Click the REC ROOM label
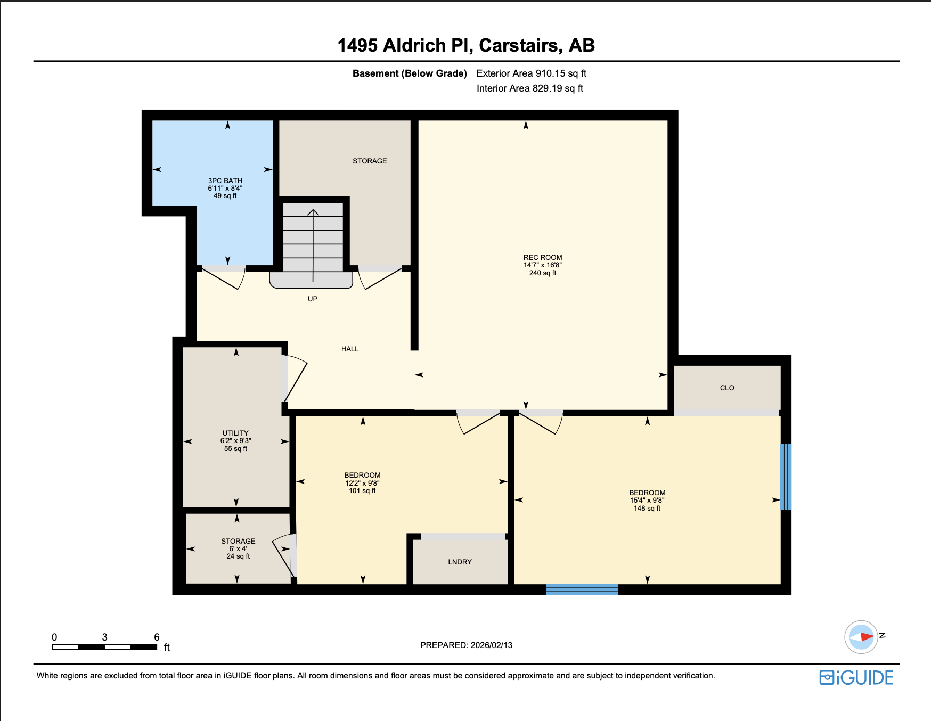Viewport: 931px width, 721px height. (542, 257)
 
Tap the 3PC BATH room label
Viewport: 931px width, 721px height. (225, 181)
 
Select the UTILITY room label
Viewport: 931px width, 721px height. (235, 433)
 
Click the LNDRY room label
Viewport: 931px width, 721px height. (460, 562)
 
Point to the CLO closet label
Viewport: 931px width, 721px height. (726, 388)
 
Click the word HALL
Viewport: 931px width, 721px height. (349, 349)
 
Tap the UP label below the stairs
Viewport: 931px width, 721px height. (313, 299)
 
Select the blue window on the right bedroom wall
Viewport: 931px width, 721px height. (786, 477)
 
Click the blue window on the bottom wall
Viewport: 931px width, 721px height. (582, 589)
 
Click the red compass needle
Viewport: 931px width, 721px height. (867, 636)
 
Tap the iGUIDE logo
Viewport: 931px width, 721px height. (856, 677)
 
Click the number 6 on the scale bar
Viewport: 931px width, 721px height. (157, 637)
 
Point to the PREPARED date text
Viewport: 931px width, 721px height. (466, 645)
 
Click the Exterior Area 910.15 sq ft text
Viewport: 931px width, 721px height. (531, 73)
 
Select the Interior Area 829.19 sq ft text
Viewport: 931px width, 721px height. (529, 88)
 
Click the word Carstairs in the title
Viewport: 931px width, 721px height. (520, 45)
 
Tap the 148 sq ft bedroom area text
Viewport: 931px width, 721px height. (647, 508)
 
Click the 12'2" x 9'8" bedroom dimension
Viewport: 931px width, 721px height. (362, 483)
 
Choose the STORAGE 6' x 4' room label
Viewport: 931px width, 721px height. (238, 541)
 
